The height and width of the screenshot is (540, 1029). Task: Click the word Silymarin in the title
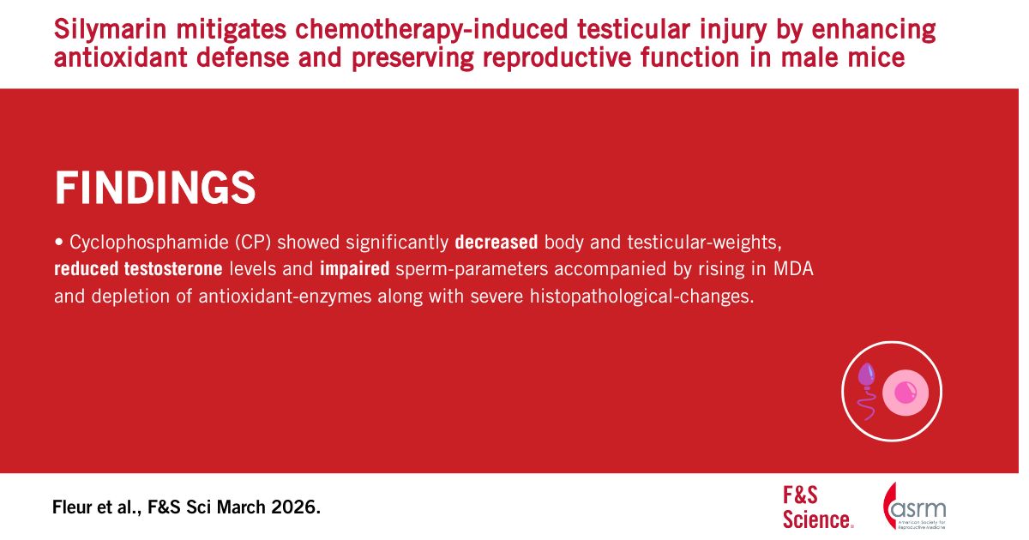click(x=110, y=30)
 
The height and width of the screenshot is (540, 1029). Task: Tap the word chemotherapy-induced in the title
click(x=430, y=29)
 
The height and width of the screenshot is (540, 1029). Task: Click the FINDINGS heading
click(x=155, y=188)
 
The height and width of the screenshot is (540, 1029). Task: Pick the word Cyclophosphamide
click(x=149, y=243)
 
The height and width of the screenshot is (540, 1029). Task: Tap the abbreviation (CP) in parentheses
click(x=253, y=243)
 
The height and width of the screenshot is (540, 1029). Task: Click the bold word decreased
click(x=496, y=242)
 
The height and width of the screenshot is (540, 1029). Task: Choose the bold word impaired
click(x=354, y=269)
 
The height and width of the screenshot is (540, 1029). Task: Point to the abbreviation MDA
click(x=793, y=269)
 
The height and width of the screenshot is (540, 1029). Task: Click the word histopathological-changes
click(x=641, y=297)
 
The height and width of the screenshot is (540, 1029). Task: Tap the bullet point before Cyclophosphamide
click(x=59, y=243)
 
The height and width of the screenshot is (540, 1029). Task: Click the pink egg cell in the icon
click(x=906, y=393)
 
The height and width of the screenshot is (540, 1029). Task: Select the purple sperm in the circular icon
click(x=866, y=390)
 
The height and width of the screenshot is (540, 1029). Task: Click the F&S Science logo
click(x=818, y=507)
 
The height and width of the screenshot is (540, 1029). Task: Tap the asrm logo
click(x=914, y=506)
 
